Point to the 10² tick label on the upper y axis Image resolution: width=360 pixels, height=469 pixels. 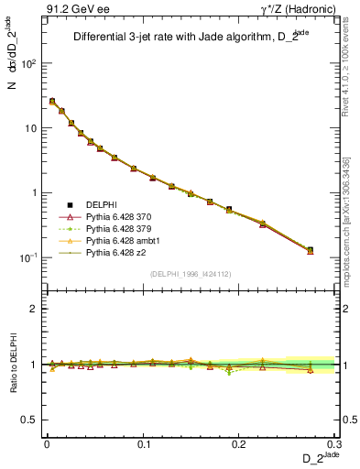coord(29,64)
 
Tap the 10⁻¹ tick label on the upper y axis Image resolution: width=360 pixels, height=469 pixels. coord(29,257)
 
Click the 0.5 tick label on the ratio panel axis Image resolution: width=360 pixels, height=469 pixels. coord(31,420)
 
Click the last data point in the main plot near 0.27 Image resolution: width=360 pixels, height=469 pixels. coord(310,250)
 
